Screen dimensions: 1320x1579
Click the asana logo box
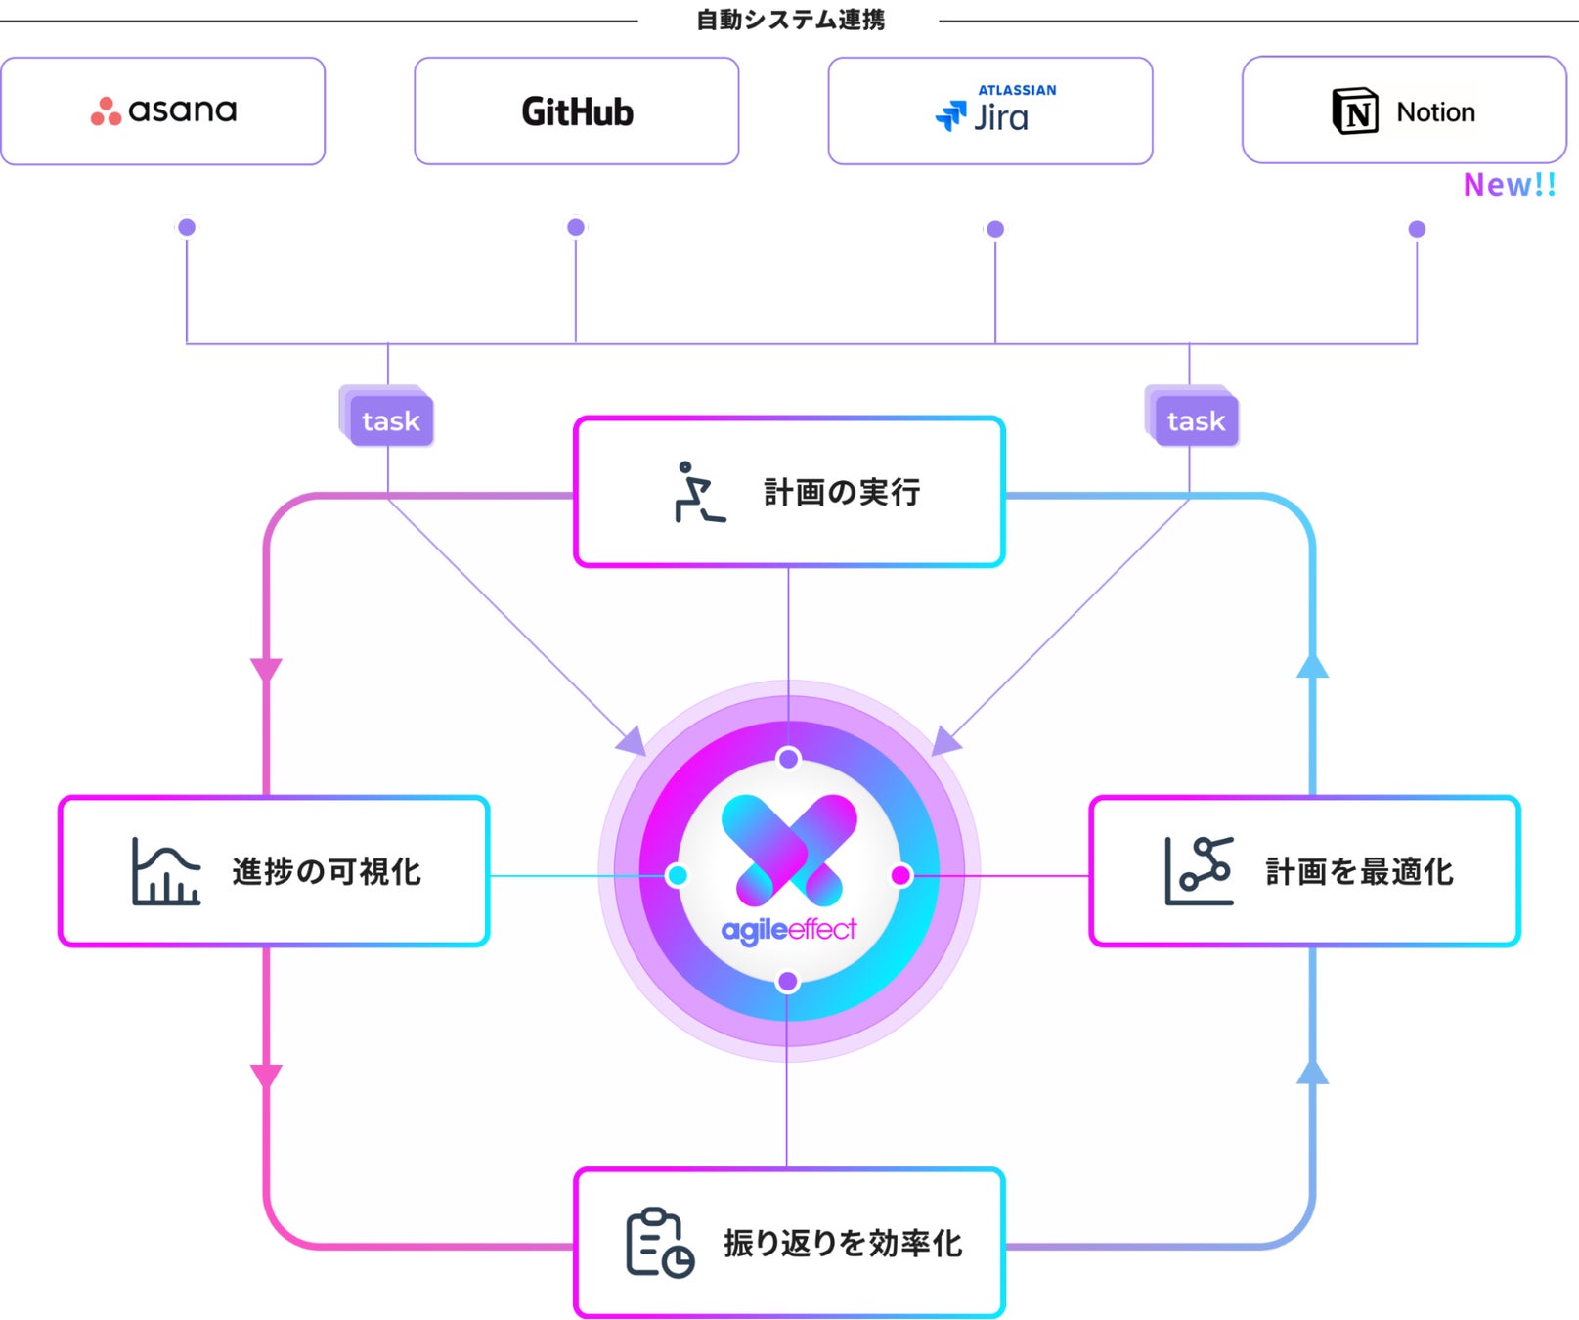163,110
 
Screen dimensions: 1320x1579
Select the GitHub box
576,110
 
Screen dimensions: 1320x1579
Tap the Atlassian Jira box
989,110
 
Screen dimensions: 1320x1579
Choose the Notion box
1404,110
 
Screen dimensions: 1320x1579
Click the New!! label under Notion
1509,184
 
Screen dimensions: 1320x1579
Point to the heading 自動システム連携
790,20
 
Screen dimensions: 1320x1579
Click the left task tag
390,420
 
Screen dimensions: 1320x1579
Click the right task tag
1195,420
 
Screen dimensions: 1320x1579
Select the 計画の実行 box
789,492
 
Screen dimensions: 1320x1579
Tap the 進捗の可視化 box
274,871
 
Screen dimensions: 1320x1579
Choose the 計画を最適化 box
1304,871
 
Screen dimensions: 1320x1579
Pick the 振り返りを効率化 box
789,1243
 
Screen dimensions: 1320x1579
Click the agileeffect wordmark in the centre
788,929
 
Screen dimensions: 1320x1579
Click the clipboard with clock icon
659,1243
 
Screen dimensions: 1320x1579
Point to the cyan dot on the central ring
677,875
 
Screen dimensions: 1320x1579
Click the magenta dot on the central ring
900,875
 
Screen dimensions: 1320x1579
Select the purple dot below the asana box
187,228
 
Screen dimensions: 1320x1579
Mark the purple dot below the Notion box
1417,229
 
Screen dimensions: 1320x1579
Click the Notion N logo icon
1355,111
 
